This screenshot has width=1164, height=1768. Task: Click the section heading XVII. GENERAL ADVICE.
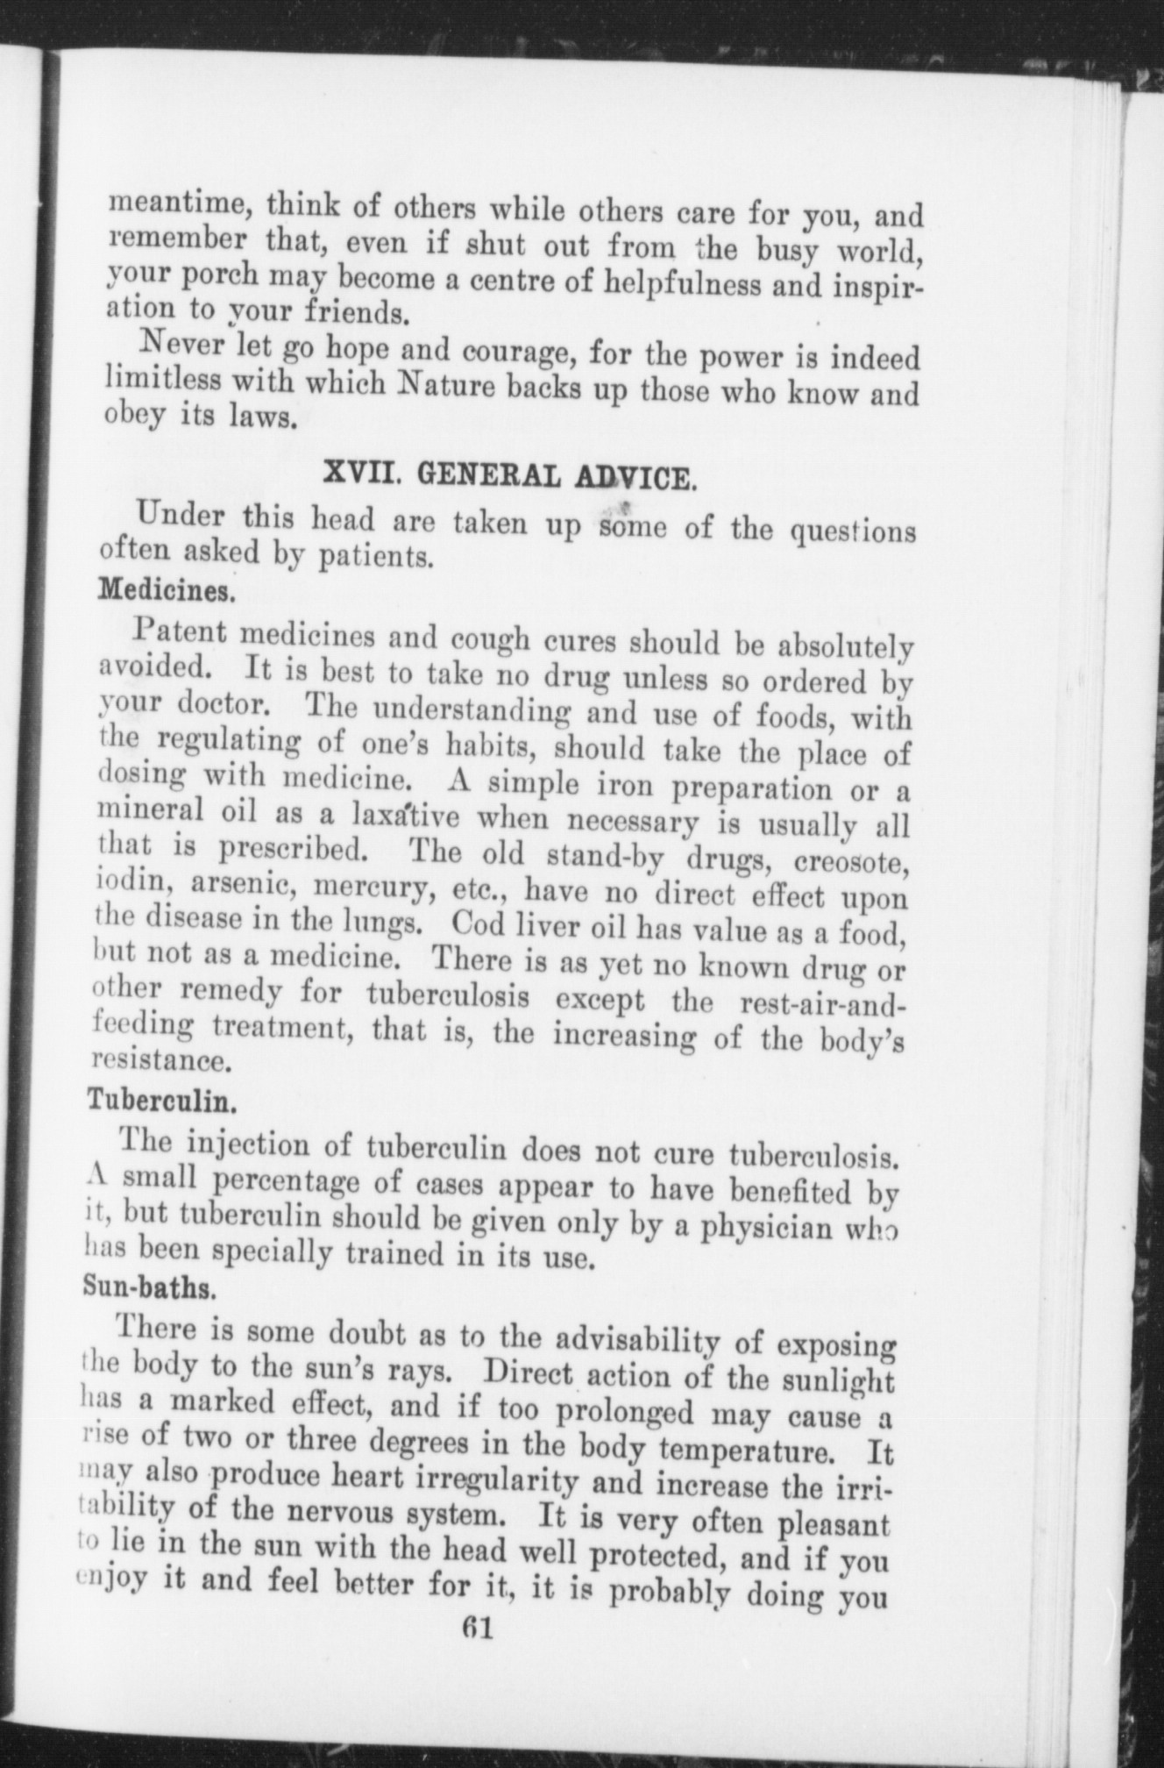pyautogui.click(x=511, y=476)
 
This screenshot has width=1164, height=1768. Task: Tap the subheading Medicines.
pyautogui.click(x=167, y=589)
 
